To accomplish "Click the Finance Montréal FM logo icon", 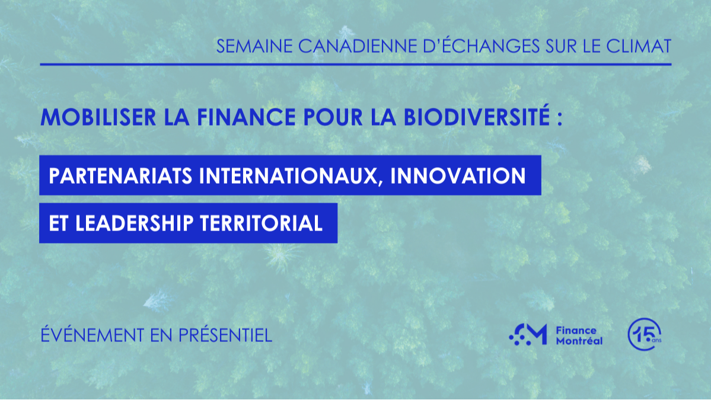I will point(528,335).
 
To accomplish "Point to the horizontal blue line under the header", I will point(356,64).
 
